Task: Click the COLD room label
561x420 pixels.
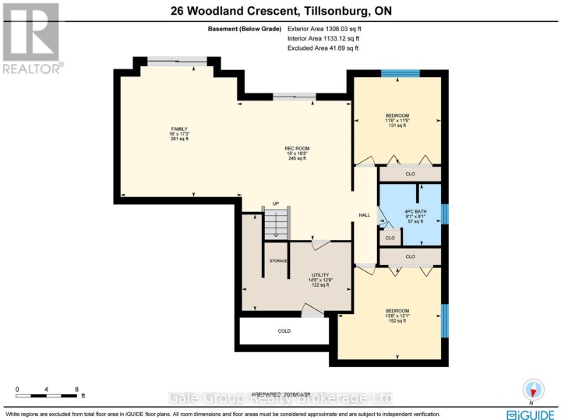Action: (284, 331)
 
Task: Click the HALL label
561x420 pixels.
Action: (364, 215)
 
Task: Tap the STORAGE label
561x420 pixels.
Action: (278, 260)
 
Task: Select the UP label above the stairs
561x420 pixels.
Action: (275, 206)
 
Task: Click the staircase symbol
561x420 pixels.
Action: (275, 226)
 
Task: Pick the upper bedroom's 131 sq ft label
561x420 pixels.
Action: (397, 125)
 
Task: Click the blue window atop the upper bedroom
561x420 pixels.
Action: (400, 73)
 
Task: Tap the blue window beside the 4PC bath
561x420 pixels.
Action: (444, 214)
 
